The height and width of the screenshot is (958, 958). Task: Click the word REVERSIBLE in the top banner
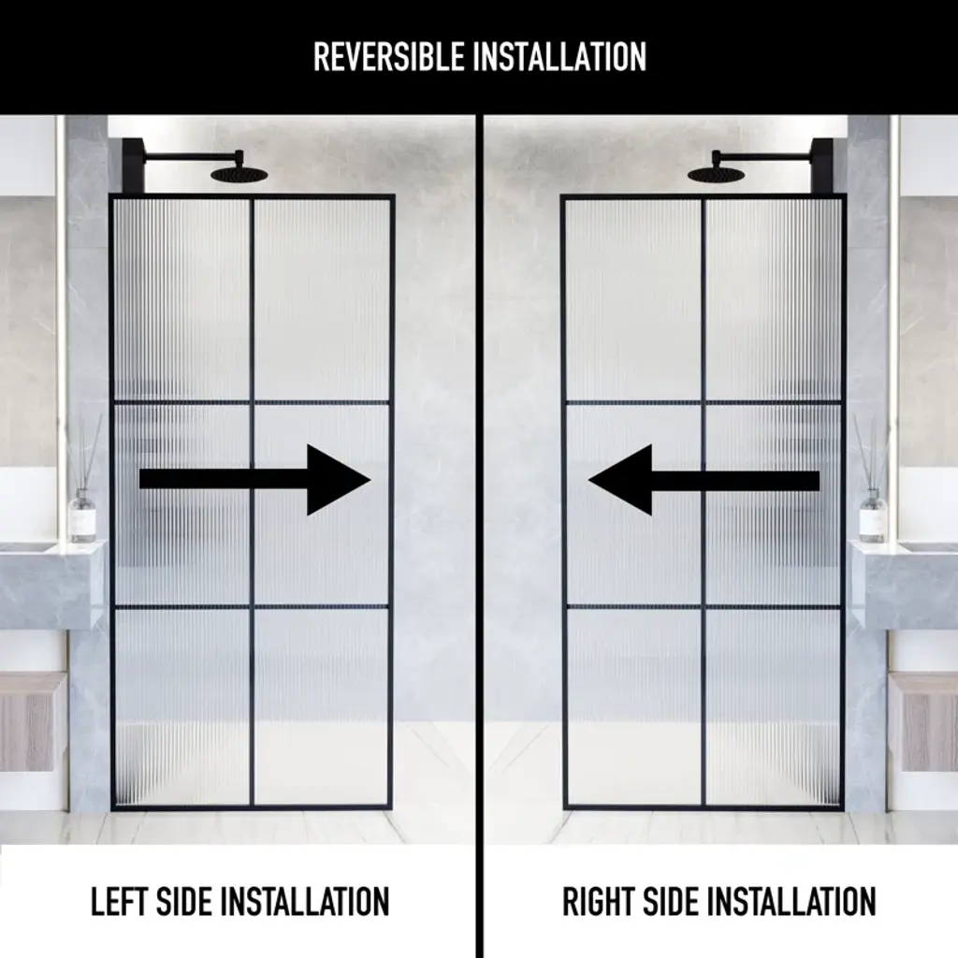[x=388, y=57]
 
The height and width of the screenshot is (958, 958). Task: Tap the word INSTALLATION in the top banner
[x=559, y=57]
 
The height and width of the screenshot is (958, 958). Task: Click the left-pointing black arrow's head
[x=621, y=480]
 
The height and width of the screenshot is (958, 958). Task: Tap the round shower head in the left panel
[x=239, y=175]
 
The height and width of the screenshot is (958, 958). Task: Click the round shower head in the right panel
[x=716, y=175]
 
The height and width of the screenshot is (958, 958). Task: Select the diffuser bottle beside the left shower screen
[x=82, y=515]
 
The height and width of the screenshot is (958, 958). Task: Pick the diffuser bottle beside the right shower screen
[x=872, y=515]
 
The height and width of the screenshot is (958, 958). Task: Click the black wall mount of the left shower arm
[x=133, y=167]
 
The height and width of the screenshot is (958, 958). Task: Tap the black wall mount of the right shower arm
[x=822, y=167]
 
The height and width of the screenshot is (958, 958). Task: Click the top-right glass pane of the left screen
[x=322, y=300]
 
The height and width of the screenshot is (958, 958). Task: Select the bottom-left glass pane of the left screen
[x=182, y=707]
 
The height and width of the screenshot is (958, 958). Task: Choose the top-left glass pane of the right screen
[x=633, y=300]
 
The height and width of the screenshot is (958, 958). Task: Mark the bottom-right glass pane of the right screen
[x=774, y=707]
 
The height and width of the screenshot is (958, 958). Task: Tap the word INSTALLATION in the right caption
[x=791, y=901]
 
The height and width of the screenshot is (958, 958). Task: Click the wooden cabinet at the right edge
[x=923, y=722]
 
